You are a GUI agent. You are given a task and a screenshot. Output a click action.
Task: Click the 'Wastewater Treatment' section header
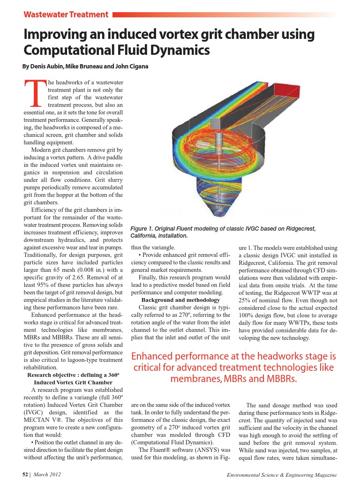tap(66, 15)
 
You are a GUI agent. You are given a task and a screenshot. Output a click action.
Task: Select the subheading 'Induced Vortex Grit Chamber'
tap(73, 382)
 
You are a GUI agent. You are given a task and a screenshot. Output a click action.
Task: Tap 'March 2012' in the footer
tap(47, 475)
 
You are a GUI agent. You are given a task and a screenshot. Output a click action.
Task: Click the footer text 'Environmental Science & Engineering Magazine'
tap(281, 475)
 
